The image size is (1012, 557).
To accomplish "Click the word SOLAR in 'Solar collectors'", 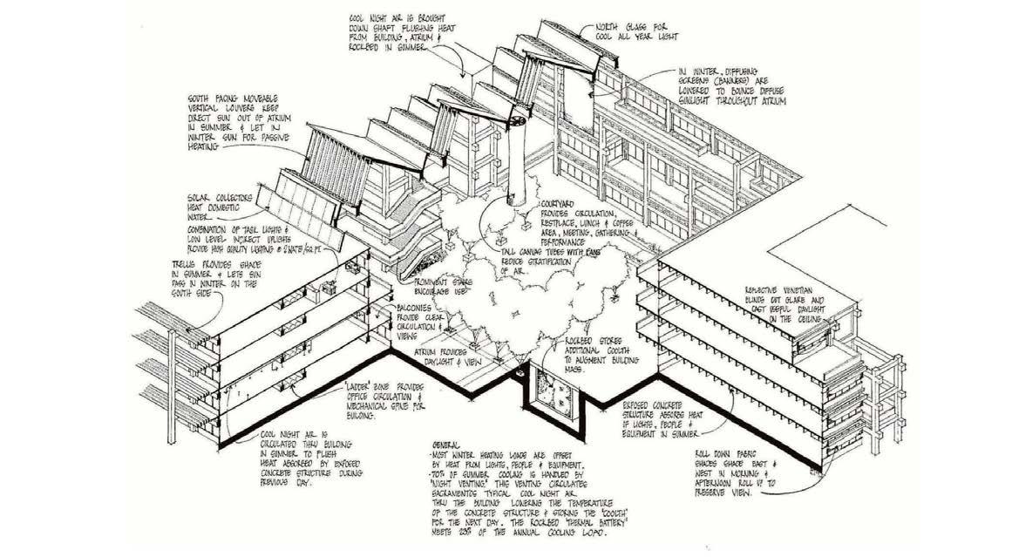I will coord(204,197).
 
